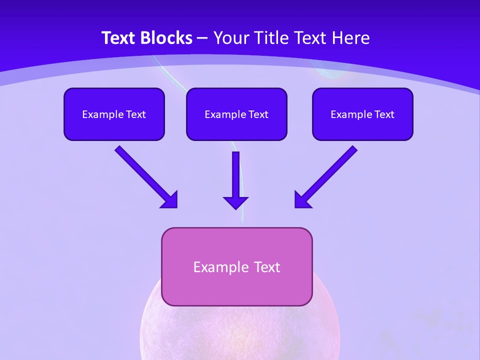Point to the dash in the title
pyautogui.click(x=202, y=38)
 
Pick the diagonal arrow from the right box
pyautogui.click(x=325, y=177)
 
